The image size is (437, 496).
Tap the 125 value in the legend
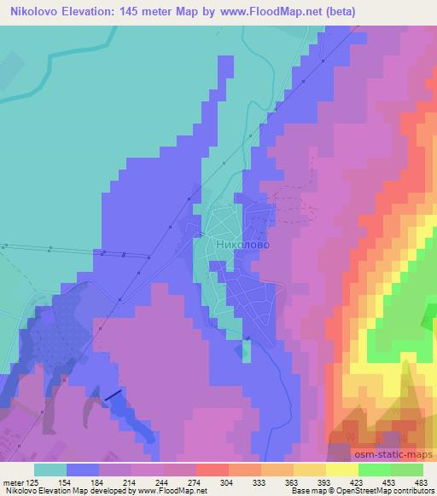(31, 482)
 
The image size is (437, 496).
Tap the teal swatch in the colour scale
(50, 469)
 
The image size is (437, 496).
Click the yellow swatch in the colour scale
(342, 469)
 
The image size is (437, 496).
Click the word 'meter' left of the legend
(12, 482)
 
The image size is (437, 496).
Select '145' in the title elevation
(144, 12)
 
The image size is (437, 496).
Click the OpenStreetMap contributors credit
(384, 492)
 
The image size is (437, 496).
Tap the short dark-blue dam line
(113, 395)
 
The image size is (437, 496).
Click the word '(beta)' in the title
(338, 12)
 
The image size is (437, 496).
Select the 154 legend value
(61, 482)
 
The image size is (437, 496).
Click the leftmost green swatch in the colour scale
(375, 469)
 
